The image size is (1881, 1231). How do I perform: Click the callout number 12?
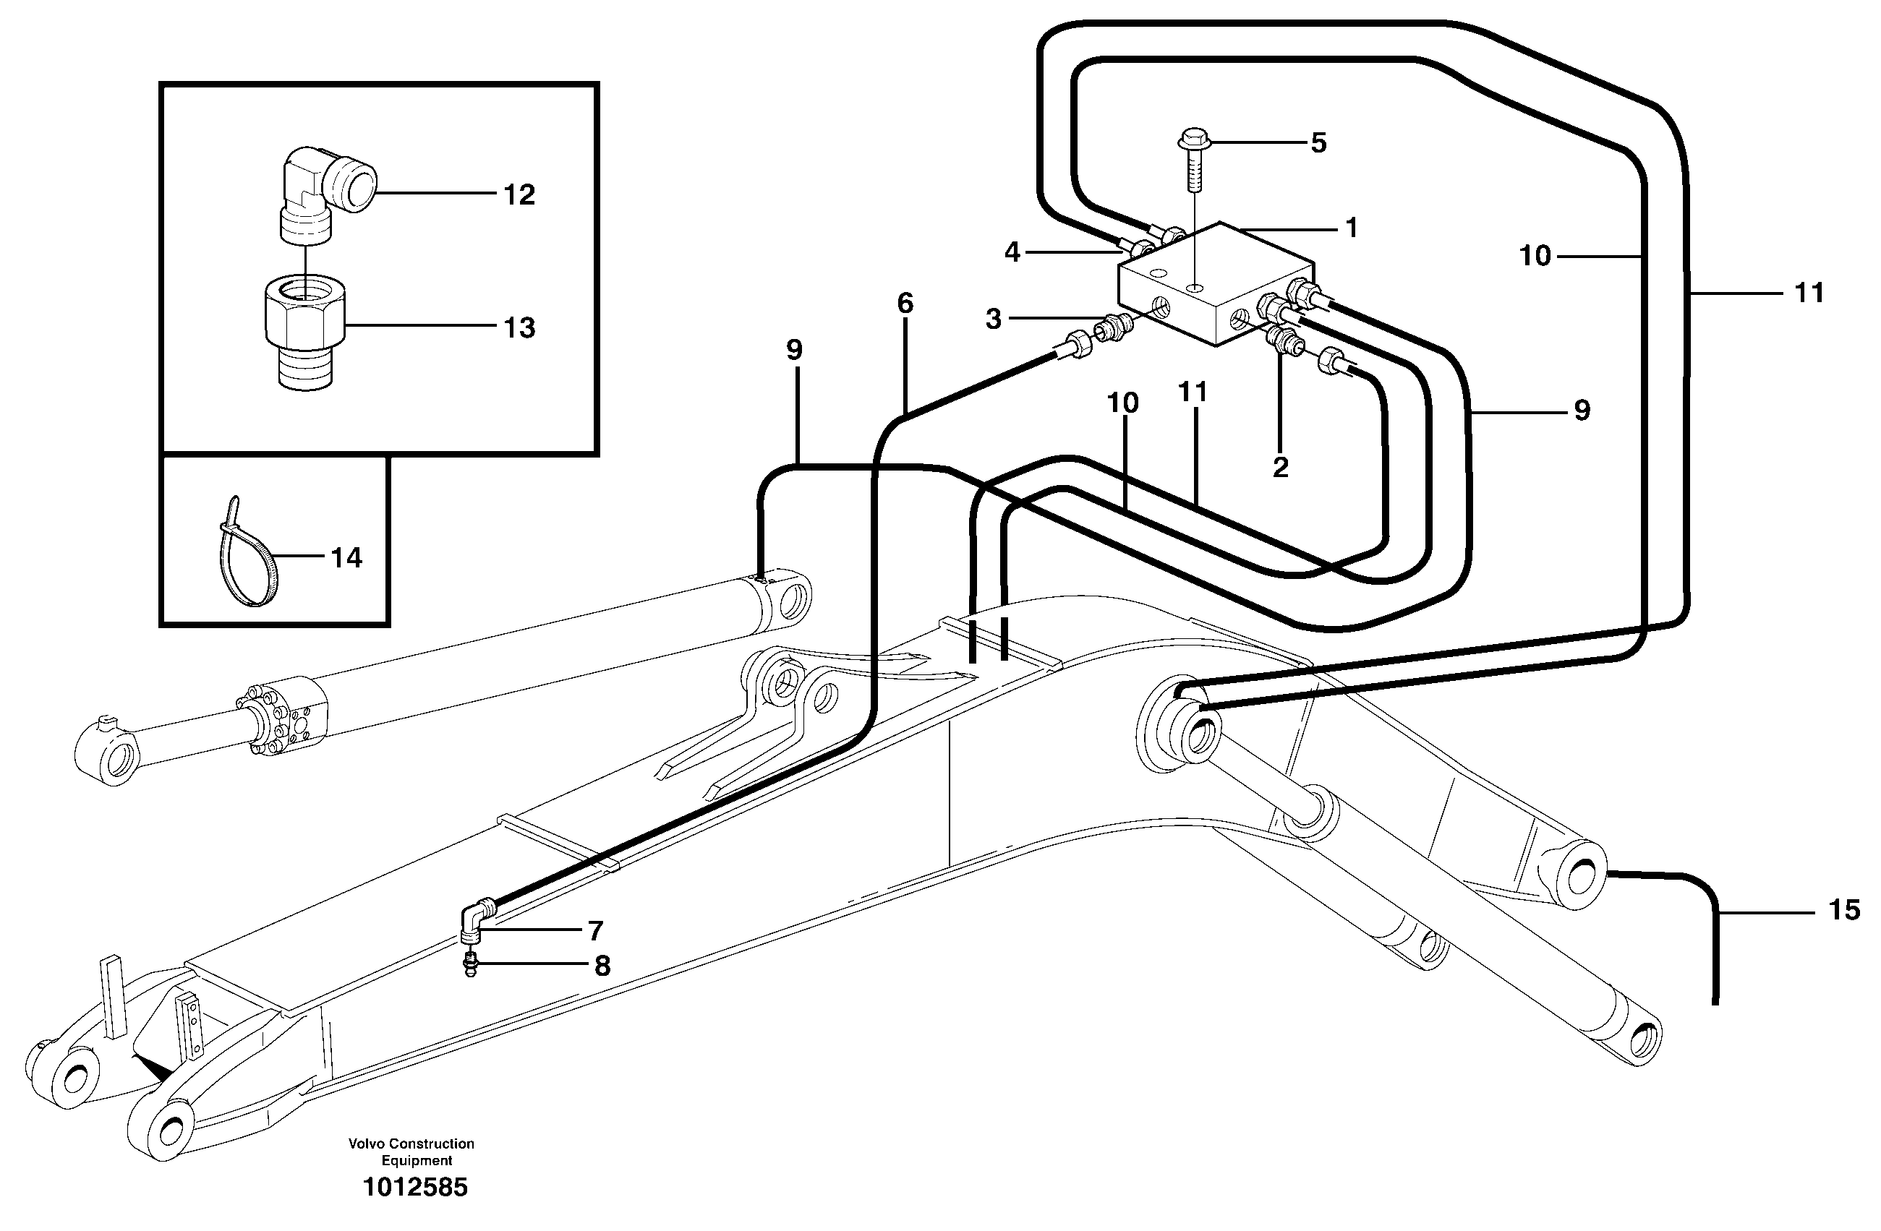[x=519, y=195]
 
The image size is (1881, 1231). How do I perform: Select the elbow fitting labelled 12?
[x=328, y=186]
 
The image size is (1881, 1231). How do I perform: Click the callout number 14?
[x=346, y=558]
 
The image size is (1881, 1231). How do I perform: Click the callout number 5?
[x=1318, y=143]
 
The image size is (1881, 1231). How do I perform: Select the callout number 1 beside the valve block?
[x=1352, y=228]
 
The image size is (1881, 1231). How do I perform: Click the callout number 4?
[x=1012, y=253]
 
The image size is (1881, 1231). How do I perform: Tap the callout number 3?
[x=994, y=319]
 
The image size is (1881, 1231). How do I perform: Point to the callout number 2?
[x=1280, y=467]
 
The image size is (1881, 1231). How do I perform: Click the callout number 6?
[x=905, y=303]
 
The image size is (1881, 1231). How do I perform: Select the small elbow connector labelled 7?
[x=475, y=920]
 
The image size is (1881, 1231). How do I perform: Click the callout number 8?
[x=602, y=966]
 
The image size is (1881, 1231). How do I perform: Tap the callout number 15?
[x=1845, y=910]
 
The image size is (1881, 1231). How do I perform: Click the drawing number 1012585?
[x=415, y=1187]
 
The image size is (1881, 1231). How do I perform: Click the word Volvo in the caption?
[x=365, y=1144]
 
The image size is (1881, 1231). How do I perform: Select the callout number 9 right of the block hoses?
[x=1582, y=410]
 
